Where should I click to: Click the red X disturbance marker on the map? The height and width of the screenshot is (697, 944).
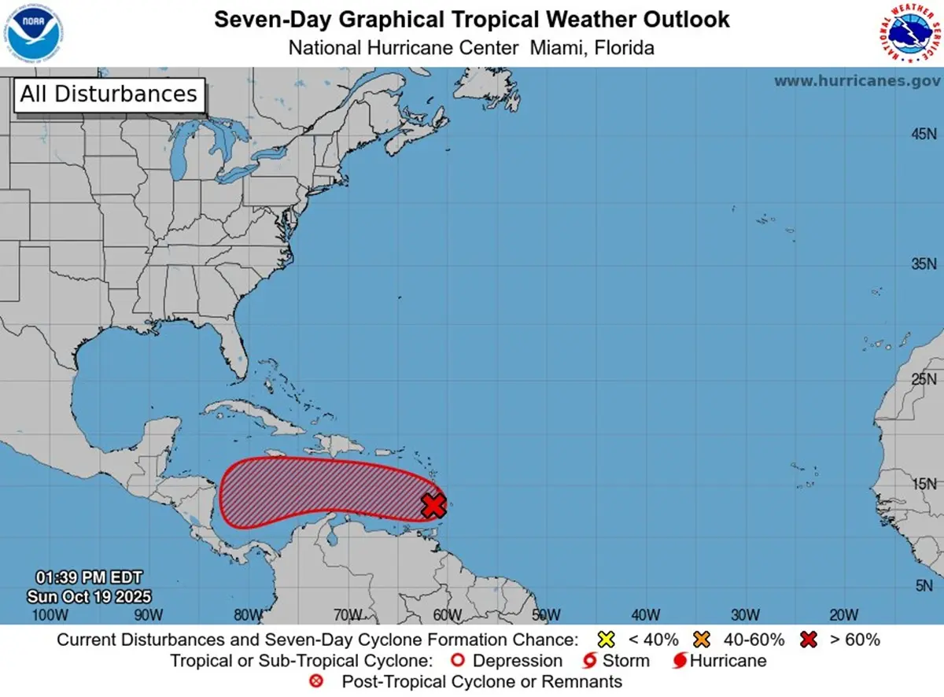[433, 505]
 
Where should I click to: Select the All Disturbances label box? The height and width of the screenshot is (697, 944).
[109, 94]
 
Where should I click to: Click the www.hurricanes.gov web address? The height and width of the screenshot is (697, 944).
[857, 81]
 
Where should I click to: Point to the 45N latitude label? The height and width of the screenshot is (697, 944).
[924, 135]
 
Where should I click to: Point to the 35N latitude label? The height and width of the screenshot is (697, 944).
[924, 264]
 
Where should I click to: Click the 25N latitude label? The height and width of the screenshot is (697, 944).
[924, 380]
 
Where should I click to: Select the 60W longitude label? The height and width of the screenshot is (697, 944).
[446, 614]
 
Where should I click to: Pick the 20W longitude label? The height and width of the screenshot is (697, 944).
[843, 614]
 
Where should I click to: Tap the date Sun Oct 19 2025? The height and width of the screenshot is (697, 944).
[89, 596]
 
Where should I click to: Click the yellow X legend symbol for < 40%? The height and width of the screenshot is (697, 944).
[606, 639]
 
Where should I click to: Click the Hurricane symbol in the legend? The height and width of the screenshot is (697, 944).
[679, 660]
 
